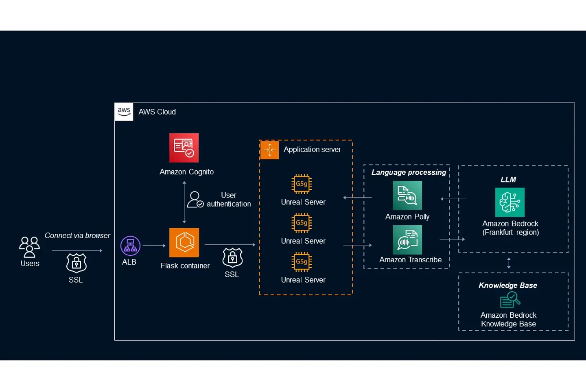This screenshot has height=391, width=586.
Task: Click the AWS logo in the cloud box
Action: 124,112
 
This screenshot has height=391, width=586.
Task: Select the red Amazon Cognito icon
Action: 184,148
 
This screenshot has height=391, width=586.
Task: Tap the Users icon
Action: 29,247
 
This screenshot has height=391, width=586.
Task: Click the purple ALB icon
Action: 130,246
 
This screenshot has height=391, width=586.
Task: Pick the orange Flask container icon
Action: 184,243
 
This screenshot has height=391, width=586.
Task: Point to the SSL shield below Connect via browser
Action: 77,263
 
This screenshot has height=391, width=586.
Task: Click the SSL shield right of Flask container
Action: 232,257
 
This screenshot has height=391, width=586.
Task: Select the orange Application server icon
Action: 269,150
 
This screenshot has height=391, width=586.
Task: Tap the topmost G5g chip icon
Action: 302,184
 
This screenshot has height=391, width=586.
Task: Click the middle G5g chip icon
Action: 302,223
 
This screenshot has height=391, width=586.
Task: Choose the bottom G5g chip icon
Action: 302,262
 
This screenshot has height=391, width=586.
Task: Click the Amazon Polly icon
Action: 407,195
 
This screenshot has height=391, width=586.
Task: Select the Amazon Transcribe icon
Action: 407,240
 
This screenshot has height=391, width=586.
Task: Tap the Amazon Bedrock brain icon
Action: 509,202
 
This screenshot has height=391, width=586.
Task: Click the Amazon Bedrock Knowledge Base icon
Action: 510,300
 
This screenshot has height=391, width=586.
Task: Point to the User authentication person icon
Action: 195,200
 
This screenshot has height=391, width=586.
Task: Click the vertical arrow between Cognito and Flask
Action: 184,202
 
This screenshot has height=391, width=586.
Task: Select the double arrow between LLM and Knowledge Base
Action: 509,263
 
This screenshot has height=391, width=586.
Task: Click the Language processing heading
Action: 409,172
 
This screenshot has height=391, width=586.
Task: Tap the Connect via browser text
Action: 77,235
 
